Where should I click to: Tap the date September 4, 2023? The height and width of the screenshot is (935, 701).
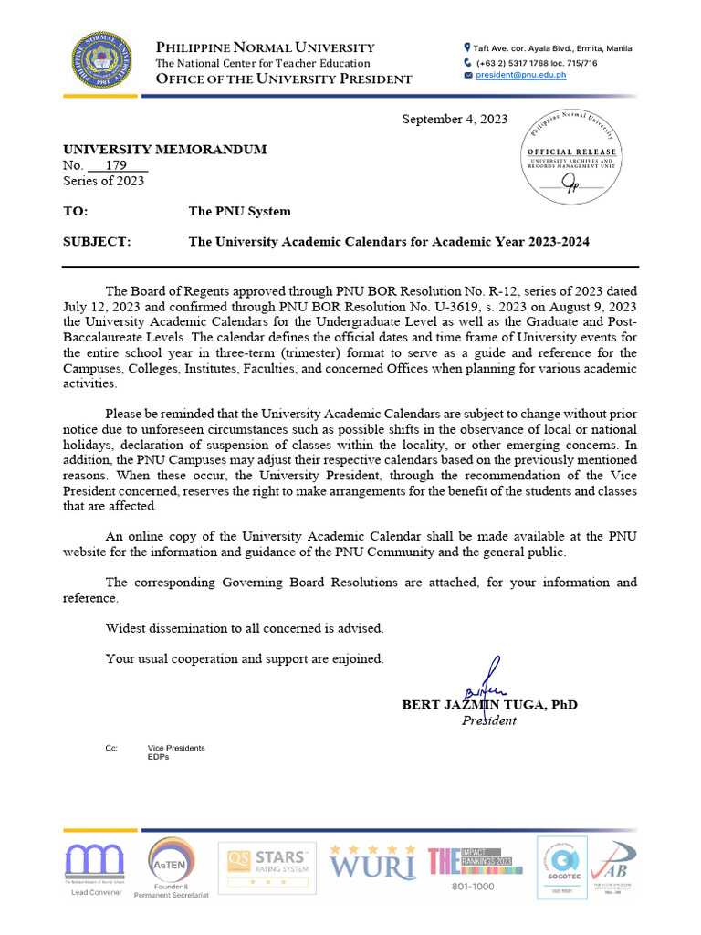(x=455, y=120)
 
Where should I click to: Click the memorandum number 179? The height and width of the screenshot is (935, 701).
(x=116, y=165)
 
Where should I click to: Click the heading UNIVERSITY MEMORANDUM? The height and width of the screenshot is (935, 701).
(x=164, y=150)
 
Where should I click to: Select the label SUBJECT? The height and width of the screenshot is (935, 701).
(x=97, y=242)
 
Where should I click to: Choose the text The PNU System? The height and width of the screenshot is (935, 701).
(x=239, y=211)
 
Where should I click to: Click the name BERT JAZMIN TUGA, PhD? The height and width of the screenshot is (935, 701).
(x=489, y=705)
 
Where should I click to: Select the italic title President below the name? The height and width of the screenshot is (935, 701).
(x=488, y=720)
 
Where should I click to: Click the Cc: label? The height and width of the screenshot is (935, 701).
(x=111, y=748)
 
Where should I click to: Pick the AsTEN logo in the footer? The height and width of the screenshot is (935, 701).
(x=171, y=867)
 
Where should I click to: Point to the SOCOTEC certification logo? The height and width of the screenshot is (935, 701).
(x=561, y=867)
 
